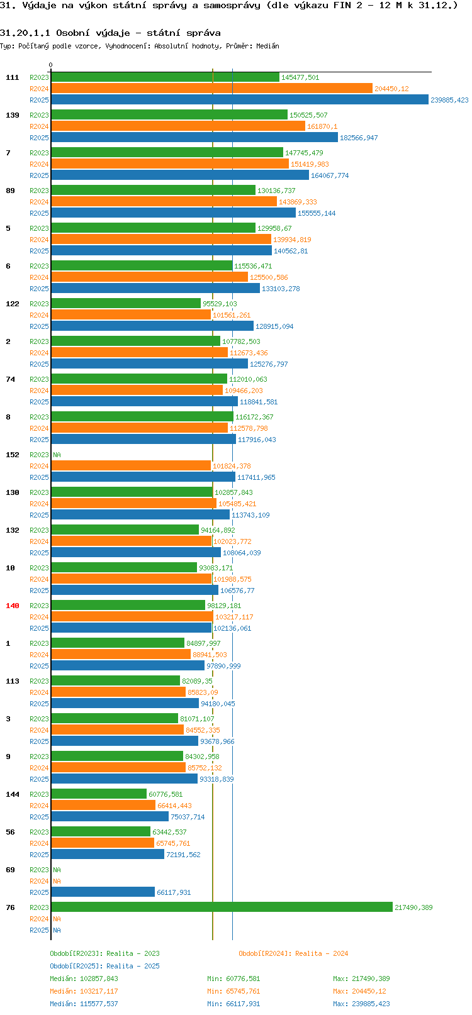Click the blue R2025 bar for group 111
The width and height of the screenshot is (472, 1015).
(x=240, y=100)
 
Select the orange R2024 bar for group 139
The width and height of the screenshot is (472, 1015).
(x=178, y=126)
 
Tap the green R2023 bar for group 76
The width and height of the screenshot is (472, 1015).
(x=222, y=907)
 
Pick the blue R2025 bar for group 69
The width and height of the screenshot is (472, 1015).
(x=103, y=892)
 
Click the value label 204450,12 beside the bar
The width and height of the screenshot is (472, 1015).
(x=391, y=89)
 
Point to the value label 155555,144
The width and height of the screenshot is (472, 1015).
(x=317, y=213)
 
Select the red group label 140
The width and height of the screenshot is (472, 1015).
(x=12, y=606)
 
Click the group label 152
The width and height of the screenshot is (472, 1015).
(x=12, y=455)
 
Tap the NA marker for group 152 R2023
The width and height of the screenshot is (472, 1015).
(x=57, y=455)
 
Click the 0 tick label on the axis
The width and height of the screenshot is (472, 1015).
(x=50, y=65)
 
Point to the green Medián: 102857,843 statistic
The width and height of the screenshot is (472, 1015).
(x=84, y=979)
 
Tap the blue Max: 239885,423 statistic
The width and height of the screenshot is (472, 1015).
(x=361, y=1004)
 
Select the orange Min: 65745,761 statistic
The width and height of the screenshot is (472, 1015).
(x=233, y=992)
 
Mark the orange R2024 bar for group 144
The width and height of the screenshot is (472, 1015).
(x=103, y=805)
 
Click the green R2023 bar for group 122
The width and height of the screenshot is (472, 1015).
(x=126, y=303)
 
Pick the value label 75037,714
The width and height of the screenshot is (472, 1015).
(x=188, y=817)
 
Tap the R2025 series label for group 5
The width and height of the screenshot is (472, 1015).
(x=39, y=251)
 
